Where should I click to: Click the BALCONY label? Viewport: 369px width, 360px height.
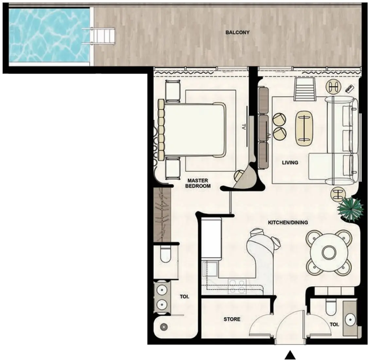(x=237, y=32)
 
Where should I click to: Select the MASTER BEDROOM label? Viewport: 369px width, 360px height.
(x=198, y=183)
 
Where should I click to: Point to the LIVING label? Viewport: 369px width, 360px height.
(x=290, y=162)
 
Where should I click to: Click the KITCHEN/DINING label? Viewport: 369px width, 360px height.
(x=288, y=223)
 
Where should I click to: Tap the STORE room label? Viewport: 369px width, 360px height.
(x=232, y=319)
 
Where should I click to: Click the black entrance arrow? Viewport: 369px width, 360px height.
(x=290, y=355)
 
